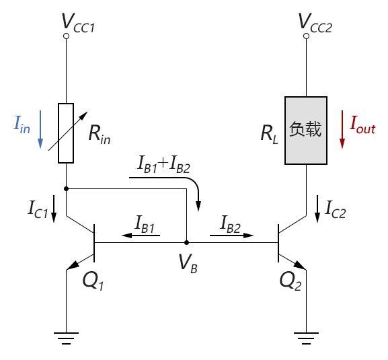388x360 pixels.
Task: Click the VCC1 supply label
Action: click(78, 23)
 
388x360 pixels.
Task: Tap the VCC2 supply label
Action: click(315, 23)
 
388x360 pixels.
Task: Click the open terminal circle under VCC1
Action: click(66, 36)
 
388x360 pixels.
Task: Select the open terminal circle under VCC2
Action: click(306, 36)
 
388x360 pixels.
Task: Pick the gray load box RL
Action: click(306, 131)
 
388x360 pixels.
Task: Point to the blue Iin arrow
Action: click(40, 129)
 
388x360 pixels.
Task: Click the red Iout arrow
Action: click(342, 129)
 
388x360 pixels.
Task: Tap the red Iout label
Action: click(362, 125)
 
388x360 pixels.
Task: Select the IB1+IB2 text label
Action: click(164, 164)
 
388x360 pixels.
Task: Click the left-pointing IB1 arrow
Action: click(141, 236)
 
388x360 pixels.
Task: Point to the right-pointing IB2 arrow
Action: click(231, 236)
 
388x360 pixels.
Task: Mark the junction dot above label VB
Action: click(186, 243)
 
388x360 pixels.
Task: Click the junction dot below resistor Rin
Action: click(66, 188)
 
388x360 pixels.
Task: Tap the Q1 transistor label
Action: click(93, 281)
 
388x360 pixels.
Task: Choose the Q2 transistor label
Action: click(290, 281)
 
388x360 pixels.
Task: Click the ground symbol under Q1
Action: click(66, 338)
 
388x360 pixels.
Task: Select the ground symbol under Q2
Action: click(306, 338)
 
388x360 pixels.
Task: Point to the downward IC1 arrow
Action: click(54, 209)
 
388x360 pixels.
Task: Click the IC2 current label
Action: click(336, 210)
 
